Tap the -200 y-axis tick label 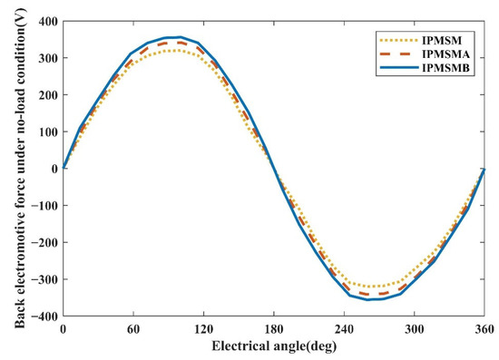[x=44, y=242]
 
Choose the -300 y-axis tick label [x=44, y=278]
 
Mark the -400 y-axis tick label [x=44, y=316]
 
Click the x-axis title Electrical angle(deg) [x=275, y=345]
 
